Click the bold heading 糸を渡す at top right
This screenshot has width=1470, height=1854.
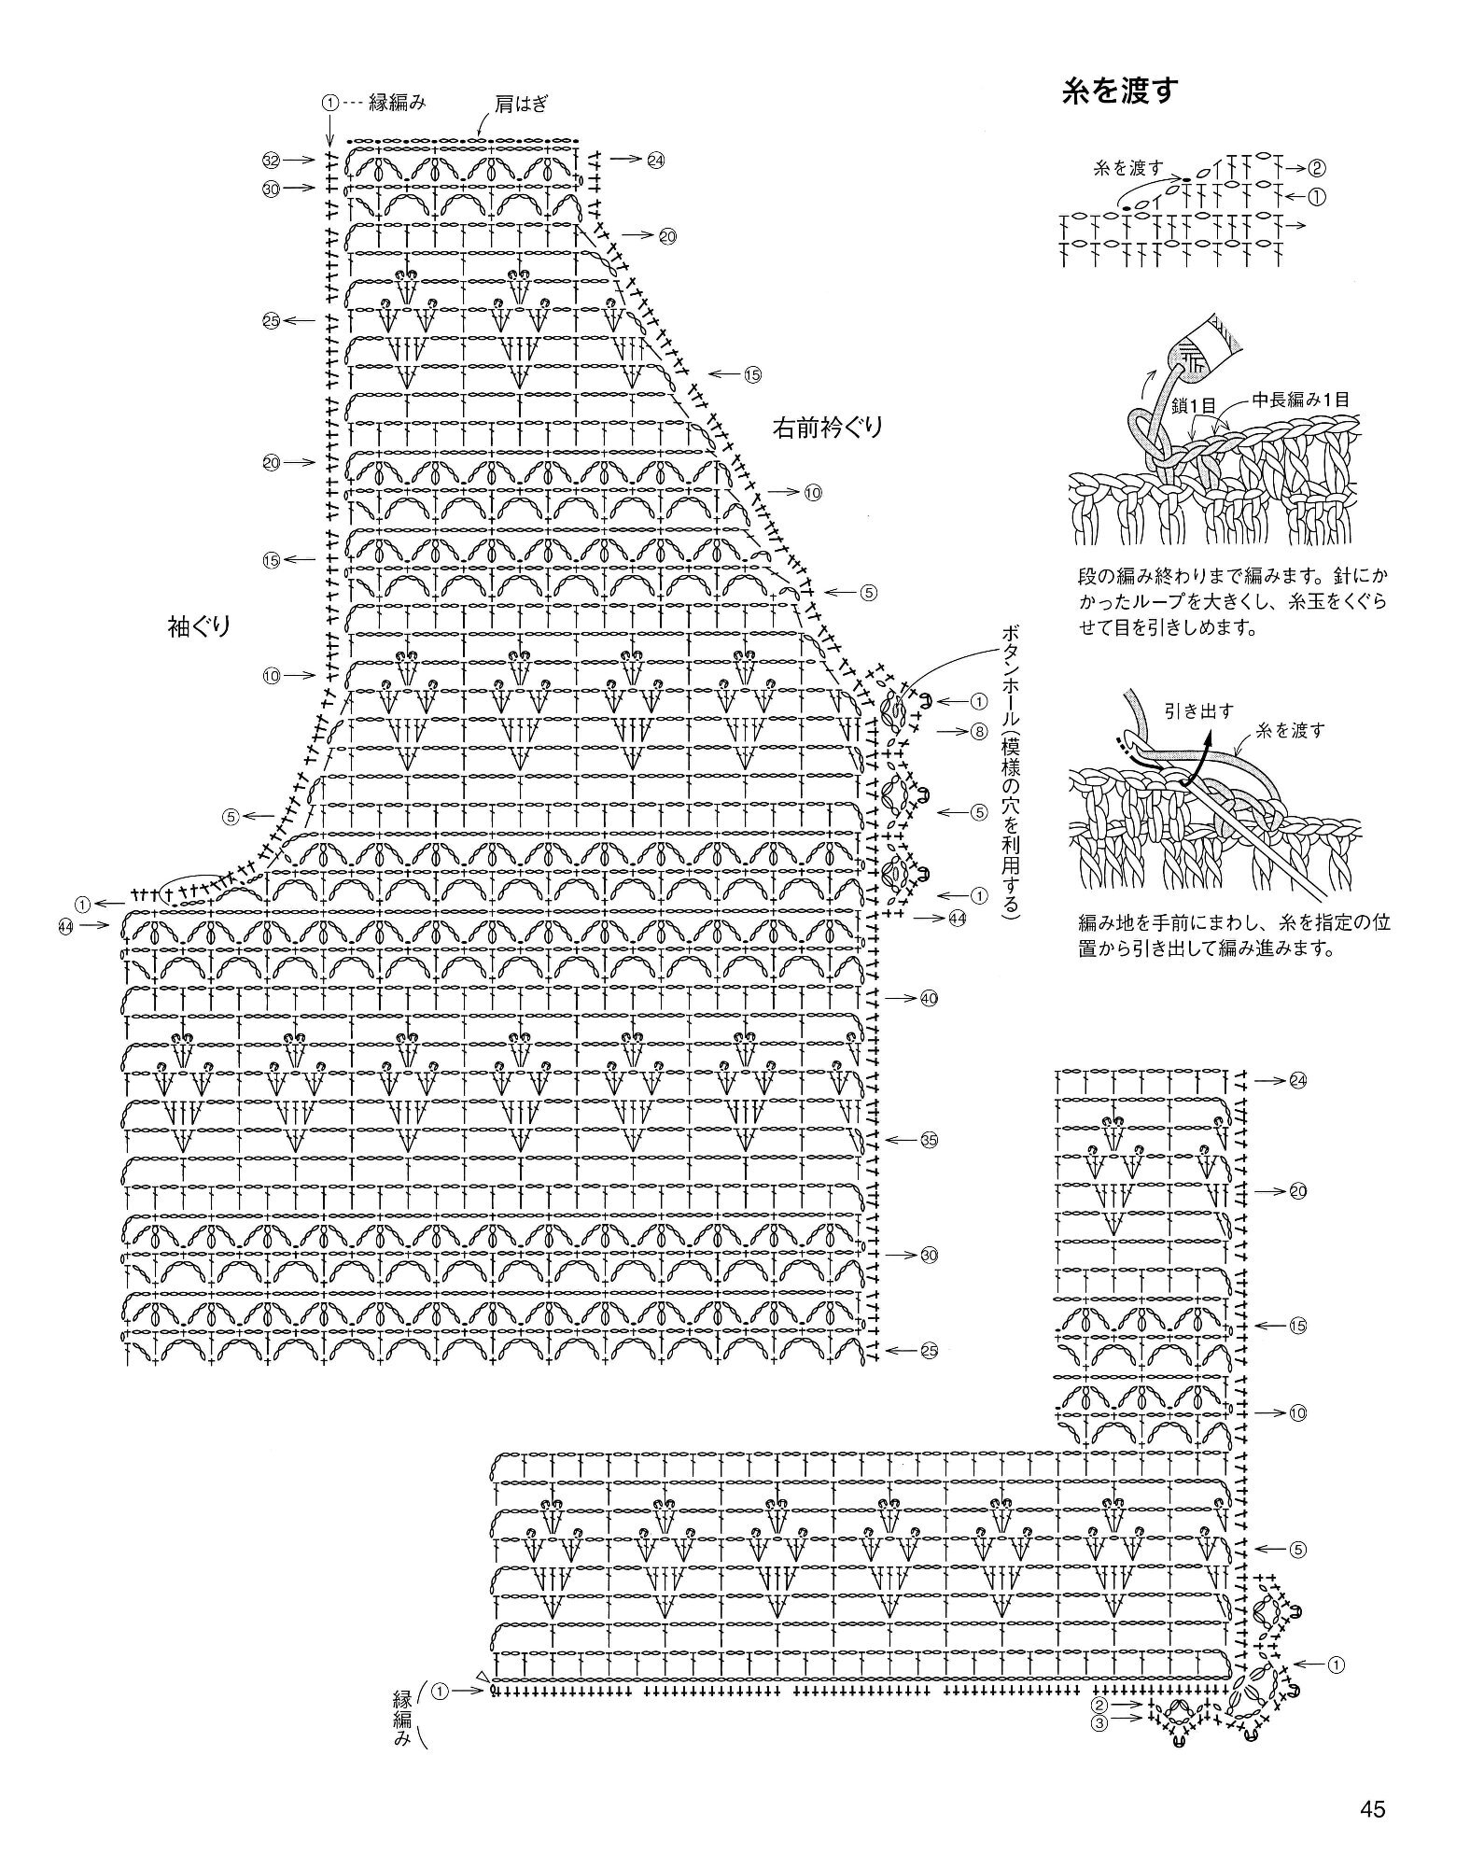pos(1121,91)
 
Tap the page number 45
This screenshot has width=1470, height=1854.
pos(1371,1809)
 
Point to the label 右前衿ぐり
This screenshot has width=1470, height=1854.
pos(826,428)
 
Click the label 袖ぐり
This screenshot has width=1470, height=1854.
pos(198,627)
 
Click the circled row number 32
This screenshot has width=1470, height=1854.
pos(272,160)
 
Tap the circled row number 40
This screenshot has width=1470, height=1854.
pos(928,998)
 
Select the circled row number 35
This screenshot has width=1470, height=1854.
pos(928,1140)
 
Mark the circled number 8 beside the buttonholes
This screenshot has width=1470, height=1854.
pos(977,731)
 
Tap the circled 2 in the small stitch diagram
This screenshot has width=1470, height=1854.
pos(1317,169)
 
